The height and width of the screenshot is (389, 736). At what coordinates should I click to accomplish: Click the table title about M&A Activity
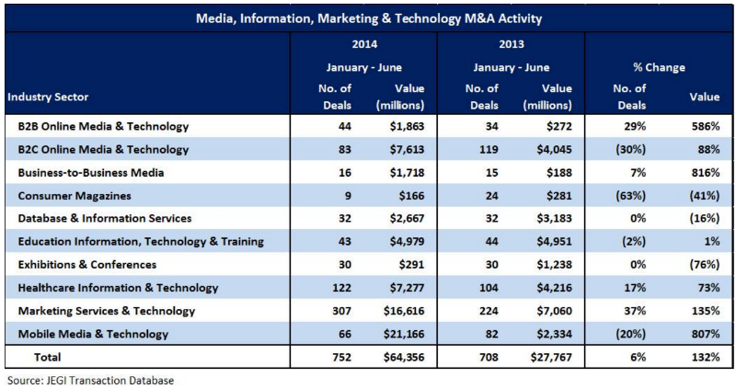368,17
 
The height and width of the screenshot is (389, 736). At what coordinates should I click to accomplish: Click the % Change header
658,67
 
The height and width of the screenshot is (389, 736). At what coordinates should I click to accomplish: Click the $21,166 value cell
399,334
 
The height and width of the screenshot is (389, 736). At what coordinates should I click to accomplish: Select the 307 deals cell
328,311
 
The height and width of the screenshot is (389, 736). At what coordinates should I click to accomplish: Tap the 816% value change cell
704,173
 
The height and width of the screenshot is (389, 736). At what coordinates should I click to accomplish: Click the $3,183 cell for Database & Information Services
548,219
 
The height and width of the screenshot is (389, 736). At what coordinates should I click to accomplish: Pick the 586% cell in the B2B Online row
704,126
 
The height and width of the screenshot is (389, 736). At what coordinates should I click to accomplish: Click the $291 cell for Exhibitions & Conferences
405,265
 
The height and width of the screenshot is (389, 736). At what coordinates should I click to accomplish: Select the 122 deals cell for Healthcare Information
328,288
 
